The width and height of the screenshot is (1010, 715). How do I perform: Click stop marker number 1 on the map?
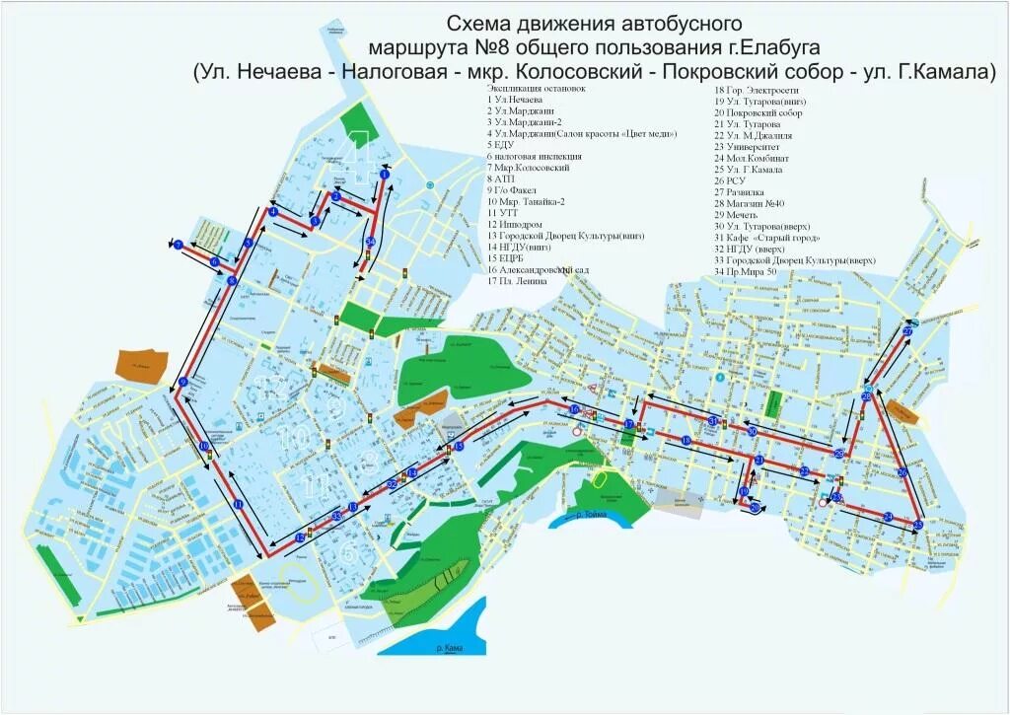click(382, 176)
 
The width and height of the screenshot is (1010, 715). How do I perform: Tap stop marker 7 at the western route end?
click(179, 244)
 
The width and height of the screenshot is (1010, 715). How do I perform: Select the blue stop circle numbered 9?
click(183, 383)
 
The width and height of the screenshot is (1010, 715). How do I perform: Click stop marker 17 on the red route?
click(628, 423)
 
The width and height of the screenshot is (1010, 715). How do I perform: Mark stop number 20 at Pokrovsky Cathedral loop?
click(756, 508)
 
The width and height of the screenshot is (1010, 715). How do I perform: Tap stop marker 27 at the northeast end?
click(907, 332)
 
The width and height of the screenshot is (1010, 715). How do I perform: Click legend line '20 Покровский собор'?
click(758, 113)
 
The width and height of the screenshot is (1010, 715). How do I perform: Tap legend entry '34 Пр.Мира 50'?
click(754, 270)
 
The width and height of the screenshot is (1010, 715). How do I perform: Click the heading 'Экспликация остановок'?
click(536, 88)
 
